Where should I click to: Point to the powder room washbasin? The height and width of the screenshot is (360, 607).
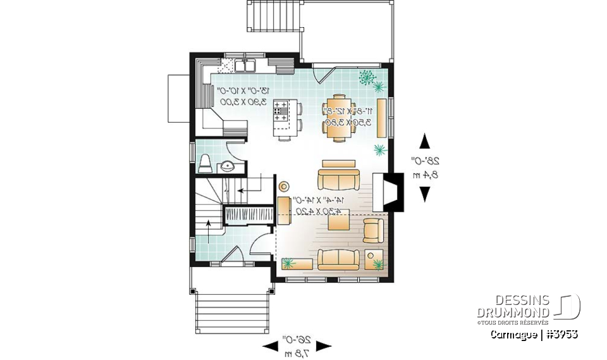point(227,166)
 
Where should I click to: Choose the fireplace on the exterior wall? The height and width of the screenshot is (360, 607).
point(386,192)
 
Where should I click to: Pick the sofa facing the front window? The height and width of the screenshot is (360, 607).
point(338,259)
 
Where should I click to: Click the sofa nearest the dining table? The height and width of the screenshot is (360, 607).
point(338,177)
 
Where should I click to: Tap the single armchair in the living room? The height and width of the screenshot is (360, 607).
point(373,230)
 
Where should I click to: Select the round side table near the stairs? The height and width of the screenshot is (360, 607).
point(284,186)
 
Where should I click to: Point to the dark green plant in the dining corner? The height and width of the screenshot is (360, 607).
point(366,77)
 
